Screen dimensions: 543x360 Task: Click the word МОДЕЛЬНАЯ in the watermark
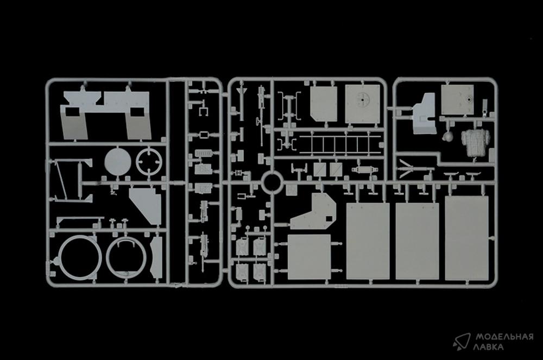[x=504, y=337]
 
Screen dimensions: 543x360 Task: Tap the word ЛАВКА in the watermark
[x=489, y=347]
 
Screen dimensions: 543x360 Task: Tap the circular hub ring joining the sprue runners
[x=271, y=182]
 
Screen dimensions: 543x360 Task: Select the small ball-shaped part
[x=448, y=136]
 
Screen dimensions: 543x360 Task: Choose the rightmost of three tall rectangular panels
[x=466, y=238]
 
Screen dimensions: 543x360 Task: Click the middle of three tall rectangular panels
[x=417, y=241]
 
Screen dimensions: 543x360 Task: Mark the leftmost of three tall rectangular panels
[x=368, y=241]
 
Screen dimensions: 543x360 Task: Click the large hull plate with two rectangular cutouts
[x=106, y=115]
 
